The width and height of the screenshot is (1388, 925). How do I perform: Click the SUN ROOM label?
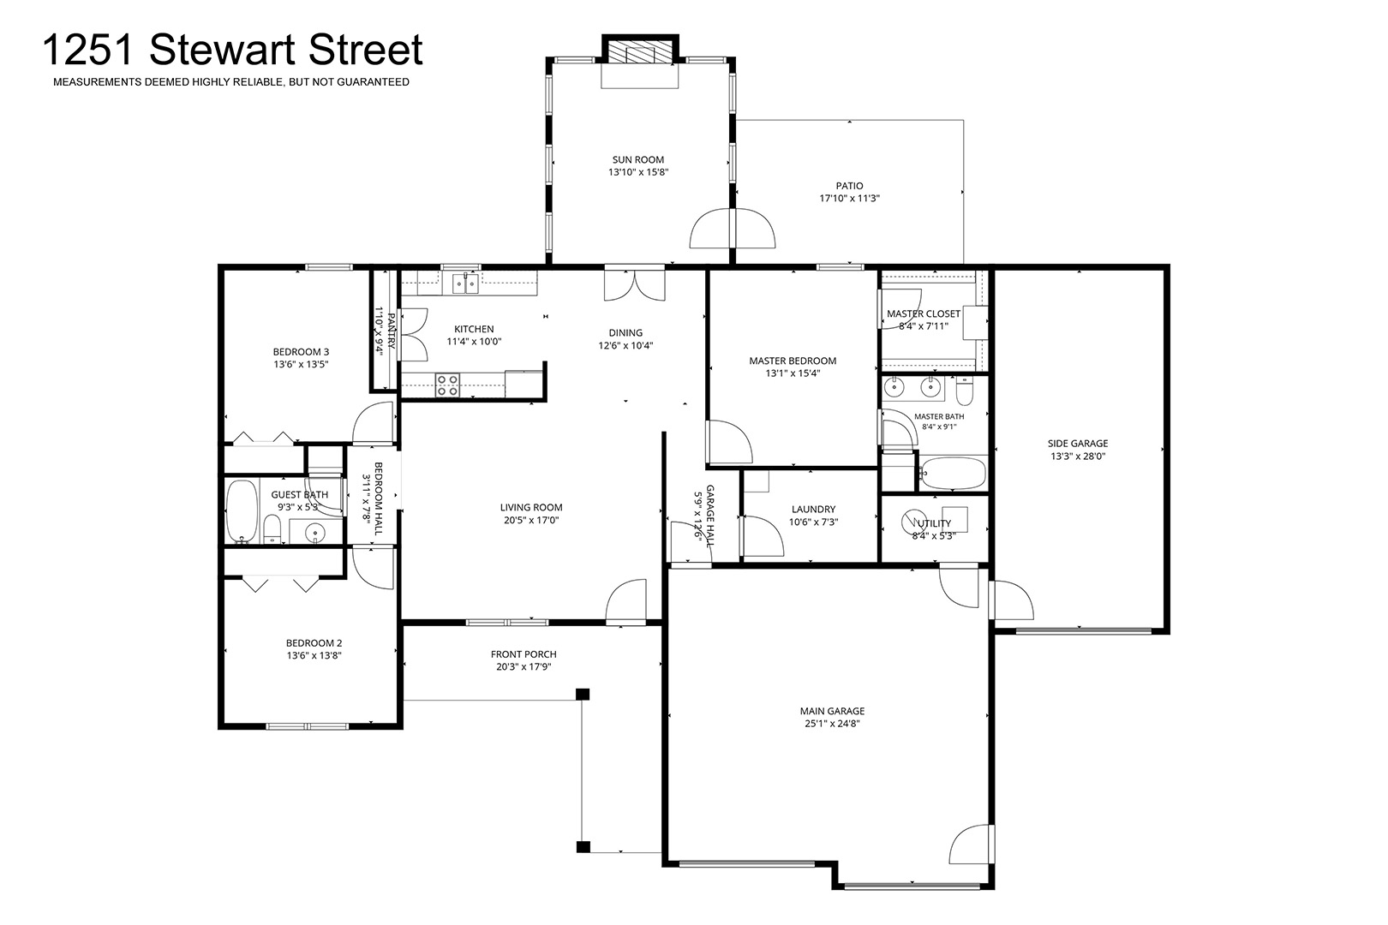click(x=638, y=160)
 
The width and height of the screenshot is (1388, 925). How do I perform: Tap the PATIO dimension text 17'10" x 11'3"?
click(x=850, y=198)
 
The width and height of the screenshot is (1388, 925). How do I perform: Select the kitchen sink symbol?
click(x=465, y=283)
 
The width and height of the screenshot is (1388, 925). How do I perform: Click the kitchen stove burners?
click(x=446, y=384)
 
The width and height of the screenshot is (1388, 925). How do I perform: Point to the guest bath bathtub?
click(x=242, y=511)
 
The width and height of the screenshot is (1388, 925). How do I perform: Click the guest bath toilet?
click(x=272, y=528)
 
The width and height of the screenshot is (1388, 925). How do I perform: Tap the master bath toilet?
click(x=965, y=391)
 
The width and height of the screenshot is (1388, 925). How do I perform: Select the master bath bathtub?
click(x=953, y=474)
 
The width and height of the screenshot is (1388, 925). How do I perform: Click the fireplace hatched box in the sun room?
click(x=640, y=52)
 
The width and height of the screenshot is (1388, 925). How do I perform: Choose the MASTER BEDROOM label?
click(x=793, y=361)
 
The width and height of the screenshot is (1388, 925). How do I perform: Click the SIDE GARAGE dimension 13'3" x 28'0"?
click(x=1078, y=457)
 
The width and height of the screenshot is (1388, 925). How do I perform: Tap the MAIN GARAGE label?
click(x=832, y=711)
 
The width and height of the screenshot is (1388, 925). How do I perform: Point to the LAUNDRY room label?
click(x=814, y=510)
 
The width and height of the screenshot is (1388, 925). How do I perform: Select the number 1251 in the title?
click(x=88, y=51)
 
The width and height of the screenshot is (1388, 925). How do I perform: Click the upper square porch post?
click(x=583, y=695)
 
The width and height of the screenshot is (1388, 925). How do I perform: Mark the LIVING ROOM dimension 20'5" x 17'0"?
click(x=531, y=521)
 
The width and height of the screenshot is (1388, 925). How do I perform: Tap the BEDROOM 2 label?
click(x=314, y=643)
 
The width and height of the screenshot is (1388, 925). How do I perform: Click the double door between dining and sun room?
click(x=635, y=283)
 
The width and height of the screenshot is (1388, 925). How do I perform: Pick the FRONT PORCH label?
click(x=523, y=654)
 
